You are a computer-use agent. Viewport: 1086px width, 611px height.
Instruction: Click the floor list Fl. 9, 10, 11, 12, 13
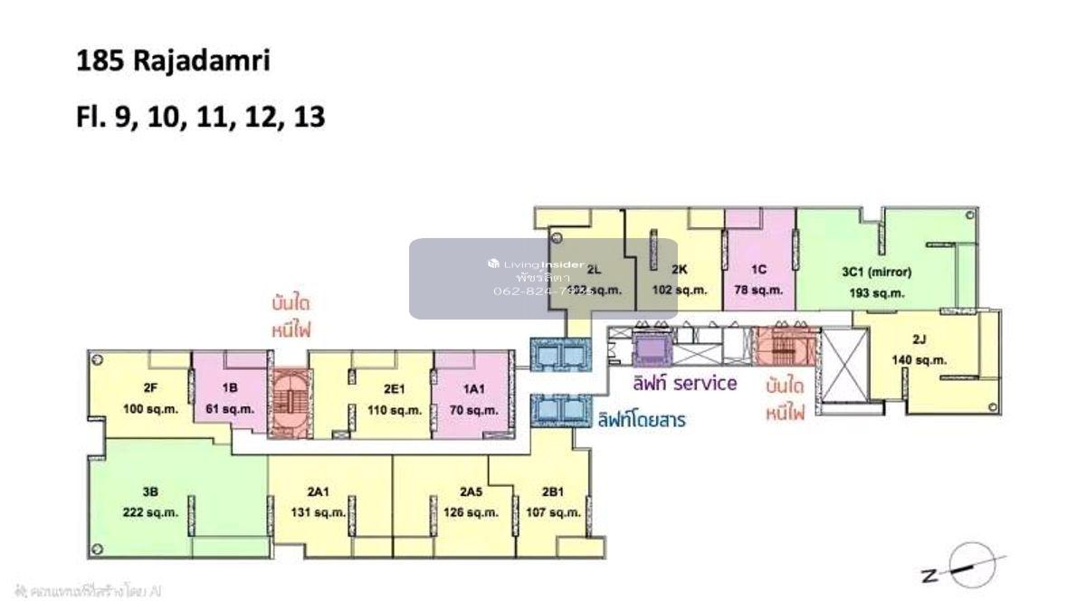pos(200,117)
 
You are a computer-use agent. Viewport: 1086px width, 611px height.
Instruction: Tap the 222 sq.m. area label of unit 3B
pos(150,512)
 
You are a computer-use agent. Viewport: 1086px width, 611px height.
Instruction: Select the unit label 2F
pos(150,388)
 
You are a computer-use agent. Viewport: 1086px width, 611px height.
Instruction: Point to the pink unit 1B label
pos(230,388)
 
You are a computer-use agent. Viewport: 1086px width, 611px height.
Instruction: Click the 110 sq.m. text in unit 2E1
pos(393,409)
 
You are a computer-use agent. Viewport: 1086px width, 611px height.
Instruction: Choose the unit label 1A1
pos(474,389)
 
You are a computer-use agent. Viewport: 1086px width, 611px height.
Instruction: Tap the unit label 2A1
pos(317,492)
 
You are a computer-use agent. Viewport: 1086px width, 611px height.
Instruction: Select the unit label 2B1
pos(553,492)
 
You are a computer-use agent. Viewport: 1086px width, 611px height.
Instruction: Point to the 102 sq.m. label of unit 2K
pos(680,291)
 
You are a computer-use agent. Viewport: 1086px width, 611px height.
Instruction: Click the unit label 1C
pos(759,270)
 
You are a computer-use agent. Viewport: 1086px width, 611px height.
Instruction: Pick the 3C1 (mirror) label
pos(877,272)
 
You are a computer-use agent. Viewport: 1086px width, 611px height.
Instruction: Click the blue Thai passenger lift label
pos(640,420)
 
